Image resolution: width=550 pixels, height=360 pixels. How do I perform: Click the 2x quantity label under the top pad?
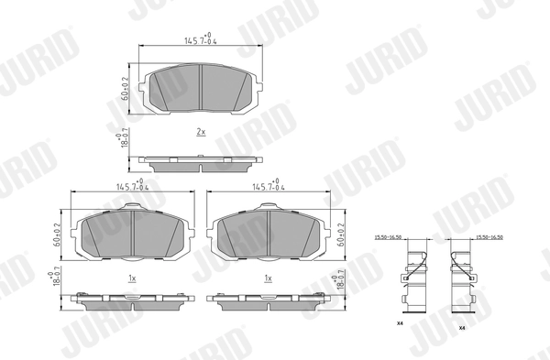coord(201,132)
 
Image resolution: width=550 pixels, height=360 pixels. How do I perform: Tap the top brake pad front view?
coord(201,88)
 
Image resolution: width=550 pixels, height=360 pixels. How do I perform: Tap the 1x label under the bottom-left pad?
coord(132,278)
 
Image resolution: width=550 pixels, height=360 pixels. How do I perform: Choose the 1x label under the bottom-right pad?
coord(269,278)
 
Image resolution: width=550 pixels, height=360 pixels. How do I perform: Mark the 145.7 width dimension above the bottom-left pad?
coord(134,188)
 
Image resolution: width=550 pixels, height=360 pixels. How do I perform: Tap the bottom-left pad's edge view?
coord(134,300)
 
